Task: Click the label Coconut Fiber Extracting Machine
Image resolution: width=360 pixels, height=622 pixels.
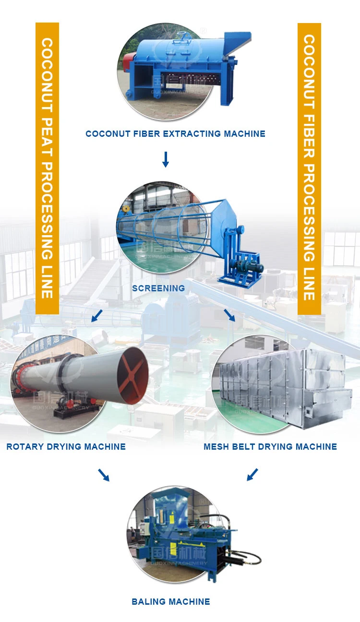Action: [x=175, y=134]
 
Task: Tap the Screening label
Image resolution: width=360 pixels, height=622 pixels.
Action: [x=158, y=288]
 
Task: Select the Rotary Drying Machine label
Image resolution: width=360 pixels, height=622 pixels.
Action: [x=66, y=447]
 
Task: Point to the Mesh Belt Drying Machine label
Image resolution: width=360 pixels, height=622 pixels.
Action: [x=270, y=447]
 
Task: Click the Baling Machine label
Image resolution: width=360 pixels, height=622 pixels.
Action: [x=171, y=601]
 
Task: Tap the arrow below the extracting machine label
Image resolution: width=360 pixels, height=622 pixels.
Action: [x=166, y=159]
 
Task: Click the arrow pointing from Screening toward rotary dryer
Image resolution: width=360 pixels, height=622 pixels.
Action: [x=97, y=316]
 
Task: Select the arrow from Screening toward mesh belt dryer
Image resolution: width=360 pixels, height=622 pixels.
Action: [x=229, y=315]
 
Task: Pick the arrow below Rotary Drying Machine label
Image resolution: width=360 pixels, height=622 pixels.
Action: [x=104, y=475]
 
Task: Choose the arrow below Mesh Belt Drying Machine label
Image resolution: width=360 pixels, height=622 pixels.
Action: [x=252, y=475]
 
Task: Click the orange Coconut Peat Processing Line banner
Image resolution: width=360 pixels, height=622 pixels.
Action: [x=47, y=168]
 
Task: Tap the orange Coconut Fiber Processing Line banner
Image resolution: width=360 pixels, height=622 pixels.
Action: [x=309, y=168]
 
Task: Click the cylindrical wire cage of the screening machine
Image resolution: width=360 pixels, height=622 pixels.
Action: [x=163, y=226]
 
